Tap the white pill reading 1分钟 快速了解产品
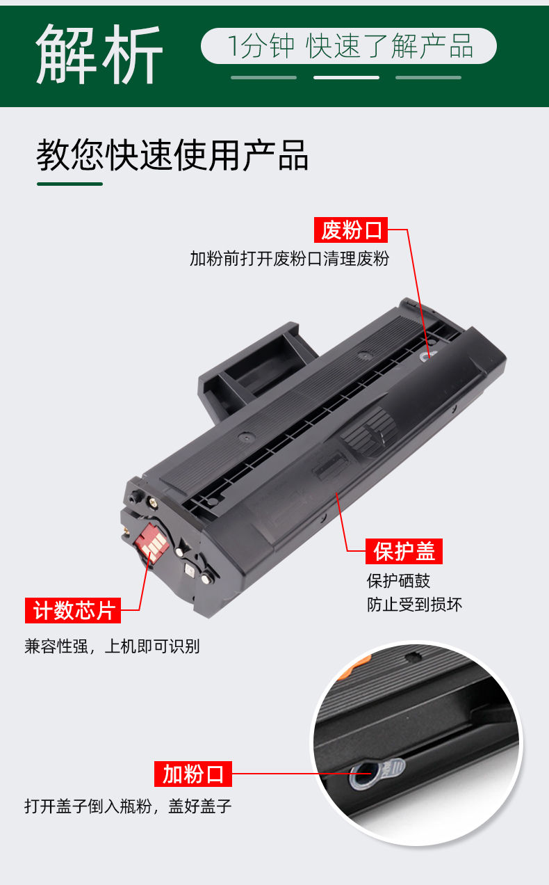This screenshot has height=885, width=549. point(349,47)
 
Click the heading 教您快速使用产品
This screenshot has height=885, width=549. point(172,155)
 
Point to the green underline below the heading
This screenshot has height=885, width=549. point(69,184)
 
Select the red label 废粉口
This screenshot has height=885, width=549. point(352,230)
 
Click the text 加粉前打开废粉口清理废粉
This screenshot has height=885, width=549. point(289,260)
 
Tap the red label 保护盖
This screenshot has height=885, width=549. point(404,552)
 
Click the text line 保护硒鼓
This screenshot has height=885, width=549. point(398,580)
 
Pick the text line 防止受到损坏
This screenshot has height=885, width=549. point(414,605)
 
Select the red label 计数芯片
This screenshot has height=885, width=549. point(73,611)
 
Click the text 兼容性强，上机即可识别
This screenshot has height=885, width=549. point(112,646)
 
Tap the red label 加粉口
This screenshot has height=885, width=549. point(193,774)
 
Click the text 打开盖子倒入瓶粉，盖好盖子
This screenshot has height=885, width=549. point(128,807)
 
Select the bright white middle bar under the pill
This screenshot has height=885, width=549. point(346,77)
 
